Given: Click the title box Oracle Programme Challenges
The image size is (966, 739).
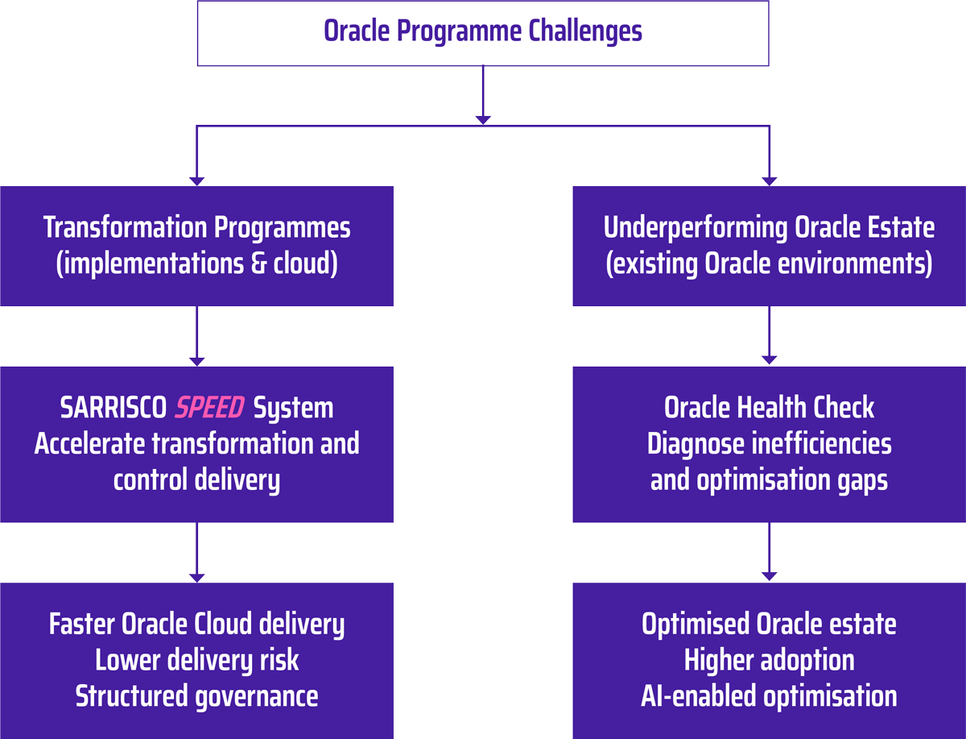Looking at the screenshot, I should point(483,32).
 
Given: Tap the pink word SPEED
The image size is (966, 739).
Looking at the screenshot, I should point(209,408).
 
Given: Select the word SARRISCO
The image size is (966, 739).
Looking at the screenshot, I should point(114,408).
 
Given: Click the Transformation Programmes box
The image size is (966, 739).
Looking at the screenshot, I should point(196,246).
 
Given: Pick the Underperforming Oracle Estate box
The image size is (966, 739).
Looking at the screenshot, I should point(769,246).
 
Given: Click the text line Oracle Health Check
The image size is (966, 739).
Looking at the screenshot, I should point(769,408).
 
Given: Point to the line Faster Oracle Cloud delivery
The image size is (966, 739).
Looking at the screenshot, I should point(196,625).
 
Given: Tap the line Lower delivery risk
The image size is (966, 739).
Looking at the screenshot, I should point(196,661).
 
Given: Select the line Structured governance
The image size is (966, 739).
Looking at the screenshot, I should point(196,696).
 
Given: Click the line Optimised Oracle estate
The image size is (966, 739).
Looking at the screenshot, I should point(769,625).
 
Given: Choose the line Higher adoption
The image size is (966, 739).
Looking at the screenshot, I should point(769,661).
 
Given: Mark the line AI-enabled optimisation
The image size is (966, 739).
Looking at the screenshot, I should point(769,696).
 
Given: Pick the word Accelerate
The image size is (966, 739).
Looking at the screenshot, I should point(89,444).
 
